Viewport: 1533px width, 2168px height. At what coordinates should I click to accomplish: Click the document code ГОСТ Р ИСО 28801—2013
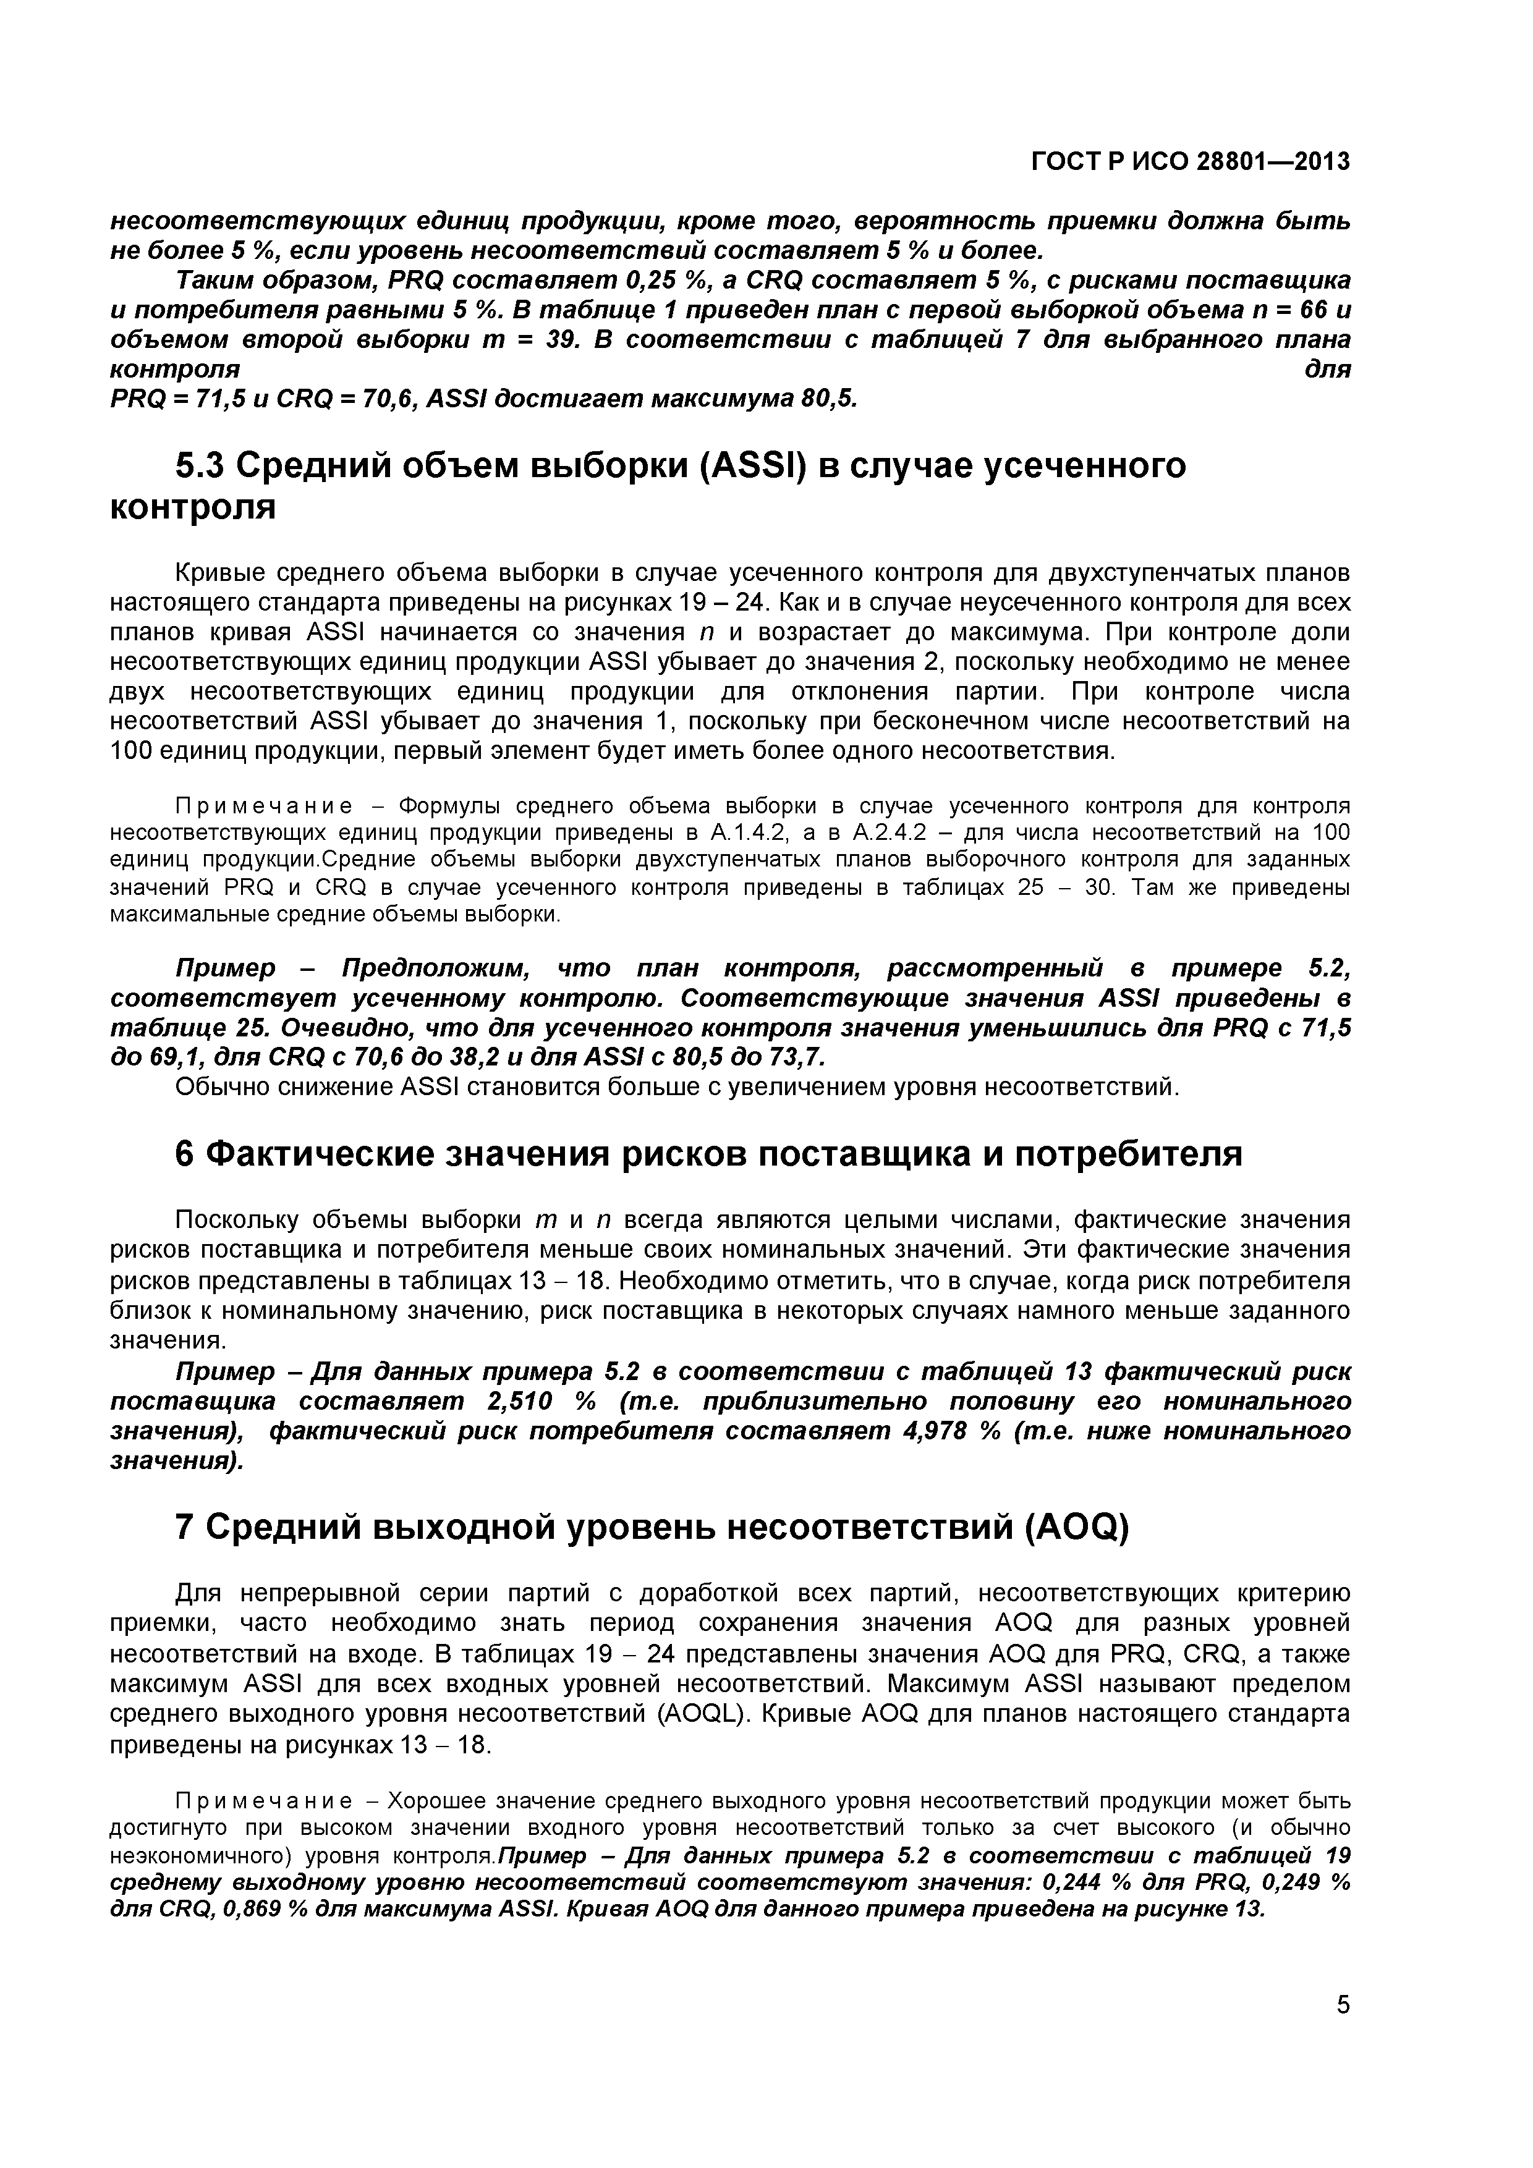click(x=1190, y=163)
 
